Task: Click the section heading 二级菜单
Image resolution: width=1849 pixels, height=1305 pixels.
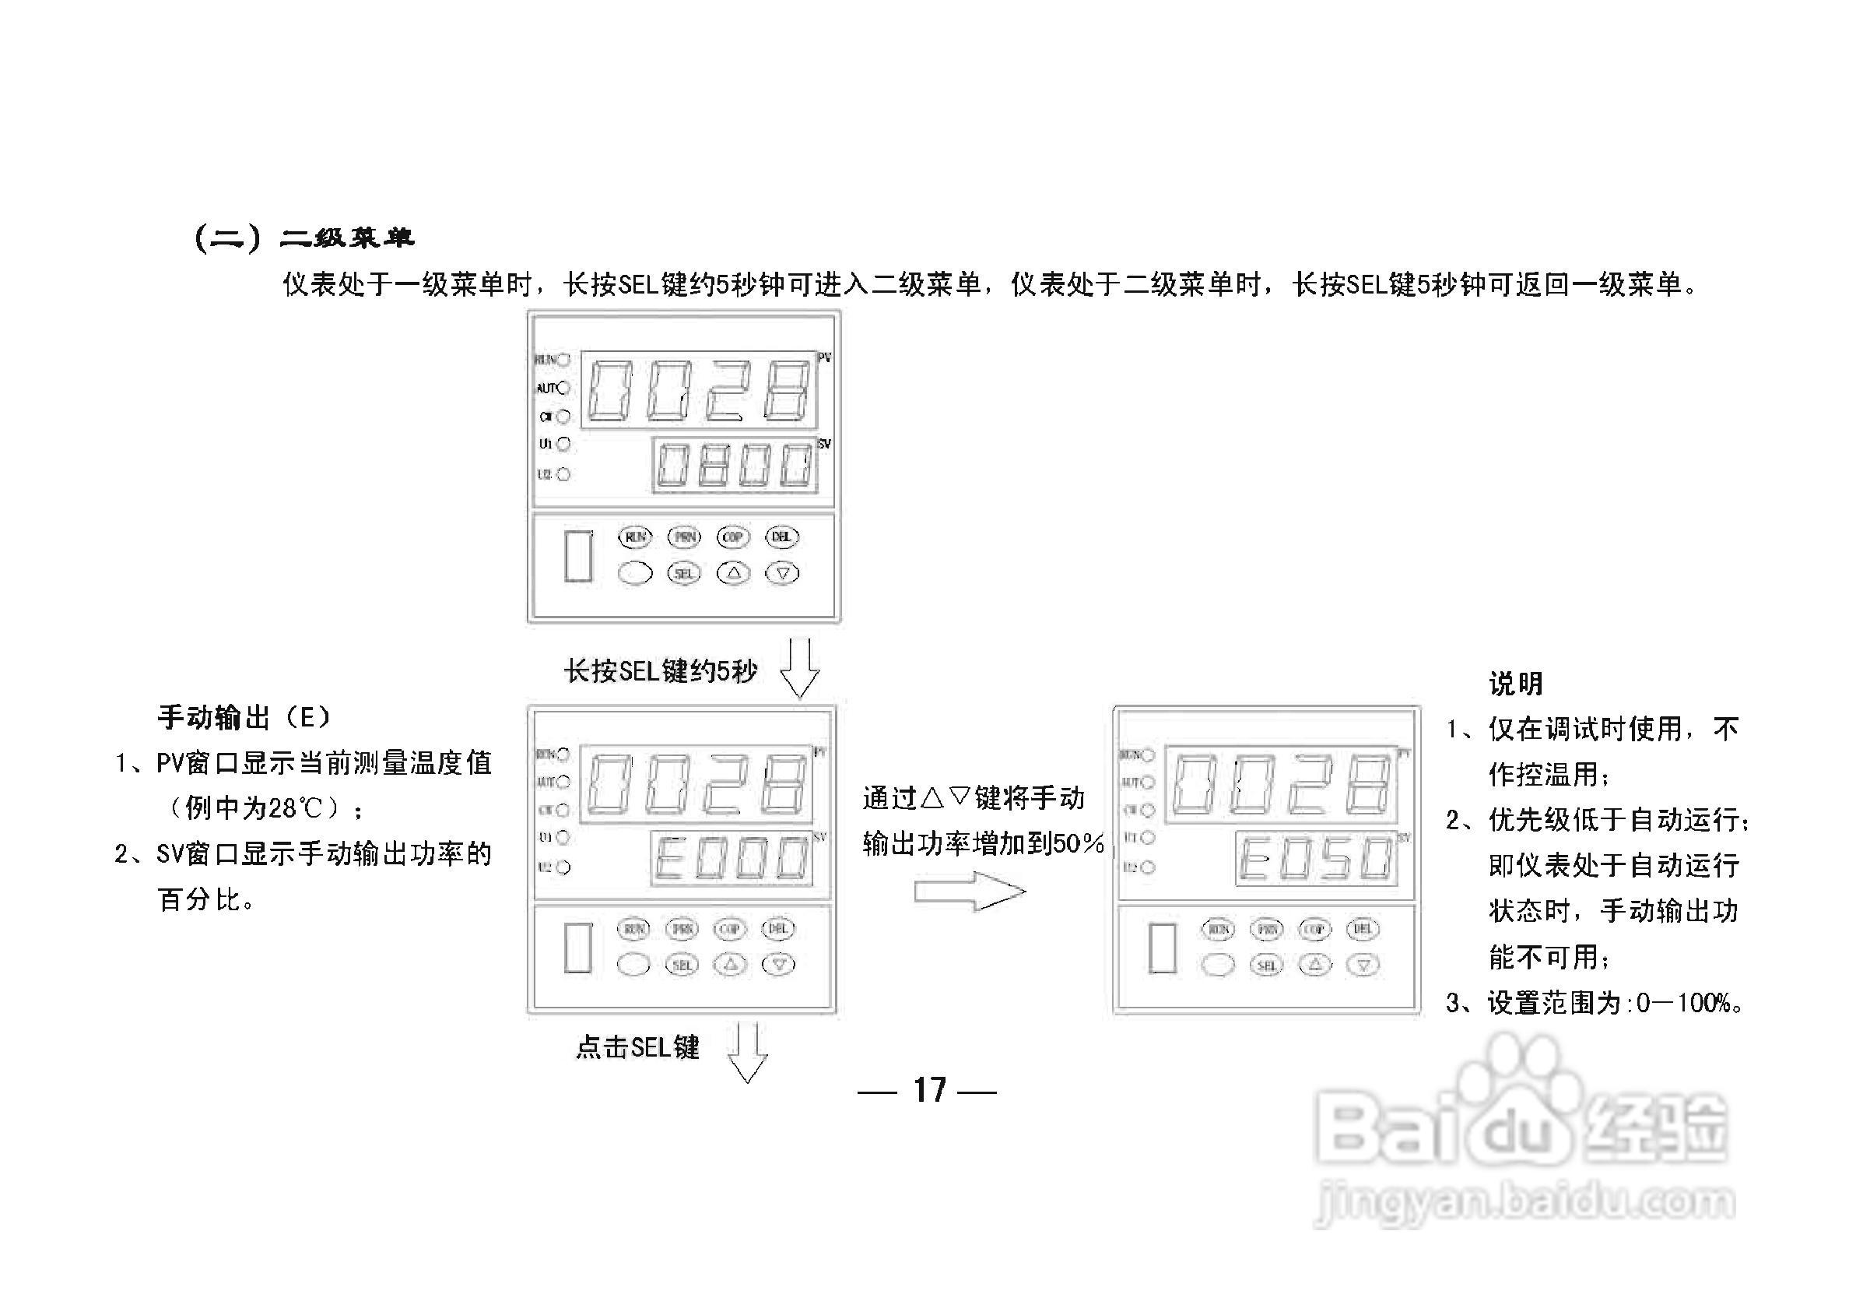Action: tap(347, 238)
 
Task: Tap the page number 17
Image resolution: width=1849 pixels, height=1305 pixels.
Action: tap(928, 1091)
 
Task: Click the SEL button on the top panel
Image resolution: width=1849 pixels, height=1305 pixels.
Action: tap(684, 574)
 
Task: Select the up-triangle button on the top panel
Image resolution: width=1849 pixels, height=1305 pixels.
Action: tap(733, 574)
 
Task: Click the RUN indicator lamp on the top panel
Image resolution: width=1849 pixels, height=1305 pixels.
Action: tap(563, 359)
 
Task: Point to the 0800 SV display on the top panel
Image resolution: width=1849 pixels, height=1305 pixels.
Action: tap(735, 466)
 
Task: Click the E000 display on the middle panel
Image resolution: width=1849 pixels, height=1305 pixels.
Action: tap(732, 858)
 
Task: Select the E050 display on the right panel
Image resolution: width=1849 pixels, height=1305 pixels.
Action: tap(1316, 859)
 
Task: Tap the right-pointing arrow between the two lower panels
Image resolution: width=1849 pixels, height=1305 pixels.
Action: tap(970, 892)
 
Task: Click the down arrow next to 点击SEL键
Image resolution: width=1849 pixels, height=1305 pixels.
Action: tap(747, 1052)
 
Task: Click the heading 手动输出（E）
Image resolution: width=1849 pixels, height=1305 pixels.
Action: tap(244, 717)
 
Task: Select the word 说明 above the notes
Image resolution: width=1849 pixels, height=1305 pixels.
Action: tap(1515, 684)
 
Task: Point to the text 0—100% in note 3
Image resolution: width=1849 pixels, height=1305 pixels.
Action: tap(1686, 1003)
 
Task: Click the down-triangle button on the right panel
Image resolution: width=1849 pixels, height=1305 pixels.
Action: tap(1363, 965)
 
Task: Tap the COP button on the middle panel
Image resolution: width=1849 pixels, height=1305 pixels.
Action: tap(730, 929)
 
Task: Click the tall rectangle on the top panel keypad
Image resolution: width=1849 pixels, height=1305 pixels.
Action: tap(578, 556)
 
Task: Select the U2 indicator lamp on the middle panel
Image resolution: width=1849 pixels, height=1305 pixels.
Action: tap(563, 867)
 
